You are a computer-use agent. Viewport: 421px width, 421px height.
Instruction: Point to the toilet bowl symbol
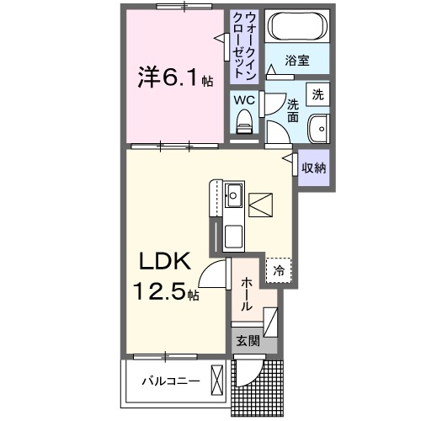coord(244,124)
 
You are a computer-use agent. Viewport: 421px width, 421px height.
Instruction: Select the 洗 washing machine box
coord(317,94)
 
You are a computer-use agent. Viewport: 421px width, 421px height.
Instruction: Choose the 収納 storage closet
coord(313,168)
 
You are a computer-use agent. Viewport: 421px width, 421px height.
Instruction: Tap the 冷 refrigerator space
coord(277,270)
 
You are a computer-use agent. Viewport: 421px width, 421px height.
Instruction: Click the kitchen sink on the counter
coord(233,200)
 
